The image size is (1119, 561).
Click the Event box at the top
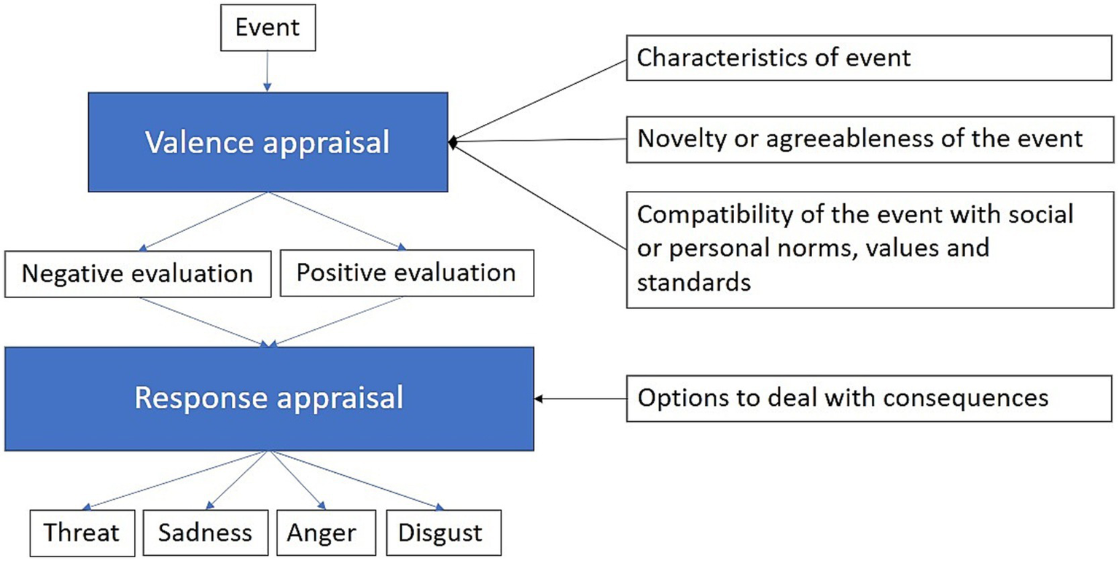click(x=267, y=30)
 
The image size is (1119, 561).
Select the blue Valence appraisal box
click(x=268, y=142)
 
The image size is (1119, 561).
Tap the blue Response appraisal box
click(x=269, y=398)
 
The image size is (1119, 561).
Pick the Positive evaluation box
click(x=406, y=274)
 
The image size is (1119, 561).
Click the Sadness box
click(x=205, y=533)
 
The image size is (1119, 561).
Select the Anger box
click(x=321, y=533)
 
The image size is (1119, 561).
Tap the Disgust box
click(x=440, y=533)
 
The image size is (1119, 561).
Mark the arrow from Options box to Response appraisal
click(x=580, y=399)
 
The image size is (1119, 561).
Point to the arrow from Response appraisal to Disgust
click(x=357, y=480)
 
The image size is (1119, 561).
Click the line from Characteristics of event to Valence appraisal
click(x=539, y=100)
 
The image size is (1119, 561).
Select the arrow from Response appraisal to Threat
click(x=175, y=480)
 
